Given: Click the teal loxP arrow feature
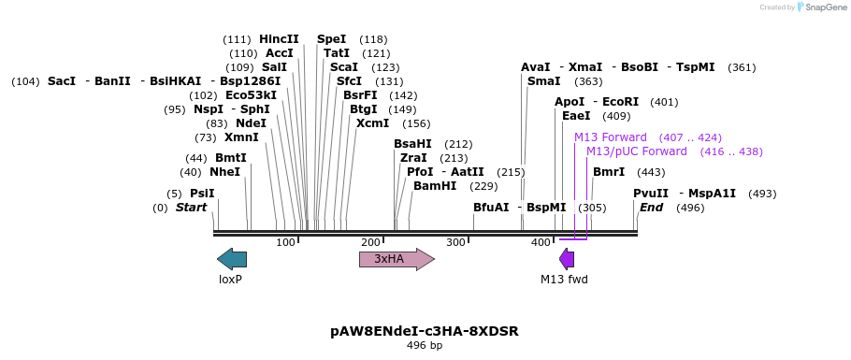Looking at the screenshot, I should [232, 259].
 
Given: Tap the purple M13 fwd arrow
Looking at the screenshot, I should [567, 259].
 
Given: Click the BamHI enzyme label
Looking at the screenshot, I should [435, 186].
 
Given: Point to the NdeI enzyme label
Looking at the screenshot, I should [251, 123].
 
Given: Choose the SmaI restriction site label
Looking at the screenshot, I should [543, 82].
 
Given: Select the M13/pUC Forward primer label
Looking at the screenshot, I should [636, 151].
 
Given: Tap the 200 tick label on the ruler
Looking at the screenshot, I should [370, 243].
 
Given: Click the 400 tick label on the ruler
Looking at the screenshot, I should [541, 243].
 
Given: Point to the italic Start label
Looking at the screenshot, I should [191, 208].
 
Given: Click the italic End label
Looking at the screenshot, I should [651, 208].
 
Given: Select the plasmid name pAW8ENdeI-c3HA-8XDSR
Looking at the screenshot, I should [425, 331].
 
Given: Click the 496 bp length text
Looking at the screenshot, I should [425, 346].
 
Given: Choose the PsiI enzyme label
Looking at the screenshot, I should [202, 194].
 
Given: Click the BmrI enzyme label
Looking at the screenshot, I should [609, 172].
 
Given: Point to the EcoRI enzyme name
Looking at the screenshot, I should [620, 102].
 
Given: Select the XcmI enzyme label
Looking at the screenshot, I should [372, 123].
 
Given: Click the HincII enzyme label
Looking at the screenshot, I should [279, 39].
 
